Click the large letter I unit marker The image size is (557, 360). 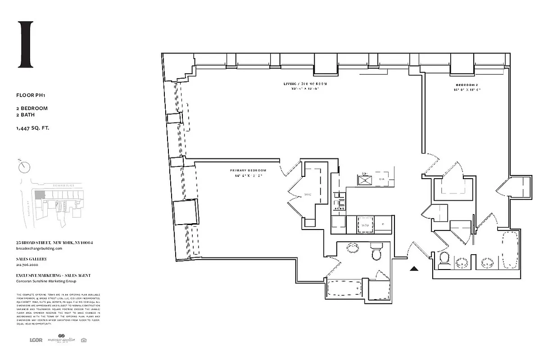coord(25,44)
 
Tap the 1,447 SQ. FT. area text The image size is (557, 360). coord(32,128)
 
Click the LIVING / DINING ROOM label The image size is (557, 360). coord(305,84)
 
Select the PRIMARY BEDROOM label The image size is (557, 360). coord(248,171)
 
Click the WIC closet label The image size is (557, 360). coord(308,195)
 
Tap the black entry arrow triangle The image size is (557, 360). coord(414,269)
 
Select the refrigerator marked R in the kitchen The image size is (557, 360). coord(383,224)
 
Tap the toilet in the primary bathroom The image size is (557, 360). coord(376,252)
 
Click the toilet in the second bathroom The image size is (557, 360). coord(444,260)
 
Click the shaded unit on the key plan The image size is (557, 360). coord(40,194)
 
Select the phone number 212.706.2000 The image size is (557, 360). coord(28,265)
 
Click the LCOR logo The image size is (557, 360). coord(36,340)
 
